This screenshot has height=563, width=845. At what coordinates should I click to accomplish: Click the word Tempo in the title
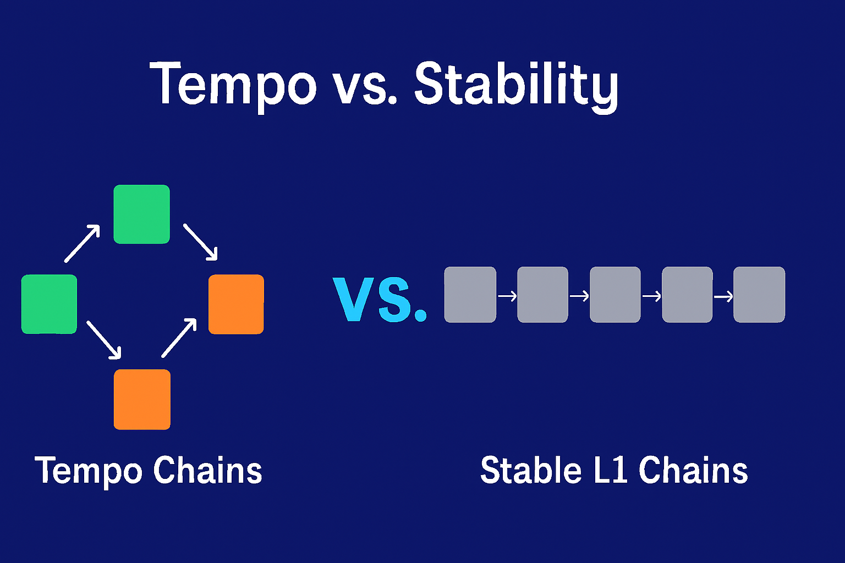coord(233,84)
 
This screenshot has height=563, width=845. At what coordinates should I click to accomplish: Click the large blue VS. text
coord(380,300)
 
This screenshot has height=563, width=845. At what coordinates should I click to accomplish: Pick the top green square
coord(141,214)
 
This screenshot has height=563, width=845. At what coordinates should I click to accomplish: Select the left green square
coord(49,304)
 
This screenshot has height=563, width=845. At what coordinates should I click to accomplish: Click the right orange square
coord(236,304)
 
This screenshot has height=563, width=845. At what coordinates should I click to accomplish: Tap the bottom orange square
coord(142,399)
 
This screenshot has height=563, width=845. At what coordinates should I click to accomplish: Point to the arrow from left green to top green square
coord(82,243)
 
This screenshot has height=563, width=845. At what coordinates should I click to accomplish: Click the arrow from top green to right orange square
coord(200,241)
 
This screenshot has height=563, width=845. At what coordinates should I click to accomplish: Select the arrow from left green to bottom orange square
coord(103,340)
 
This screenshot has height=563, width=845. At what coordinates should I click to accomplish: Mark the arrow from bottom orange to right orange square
coord(179,338)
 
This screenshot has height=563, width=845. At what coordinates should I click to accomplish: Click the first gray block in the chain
coord(470,295)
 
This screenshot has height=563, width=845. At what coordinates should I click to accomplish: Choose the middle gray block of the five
coord(615,295)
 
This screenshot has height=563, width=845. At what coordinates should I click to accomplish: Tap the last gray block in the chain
coord(759,295)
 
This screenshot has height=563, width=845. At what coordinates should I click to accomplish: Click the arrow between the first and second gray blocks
coord(507,296)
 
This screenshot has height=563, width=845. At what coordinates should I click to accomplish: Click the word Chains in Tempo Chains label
coord(207,471)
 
